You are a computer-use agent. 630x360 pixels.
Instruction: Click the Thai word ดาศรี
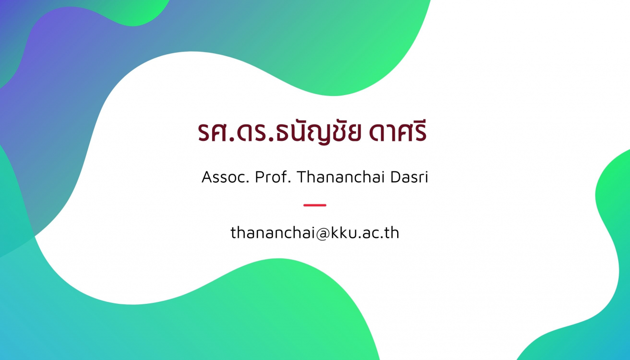point(398,131)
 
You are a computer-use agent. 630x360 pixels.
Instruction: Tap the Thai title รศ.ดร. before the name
point(236,132)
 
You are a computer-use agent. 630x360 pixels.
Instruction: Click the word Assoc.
point(225,177)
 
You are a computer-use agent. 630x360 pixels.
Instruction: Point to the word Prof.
point(273,177)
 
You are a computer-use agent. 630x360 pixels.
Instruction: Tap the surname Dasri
point(409,177)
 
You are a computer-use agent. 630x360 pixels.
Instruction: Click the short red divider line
point(315,205)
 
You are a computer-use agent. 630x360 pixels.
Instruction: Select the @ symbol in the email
point(322,233)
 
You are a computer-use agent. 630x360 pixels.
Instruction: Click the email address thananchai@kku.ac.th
point(315,233)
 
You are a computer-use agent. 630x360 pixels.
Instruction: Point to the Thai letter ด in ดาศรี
point(376,132)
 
